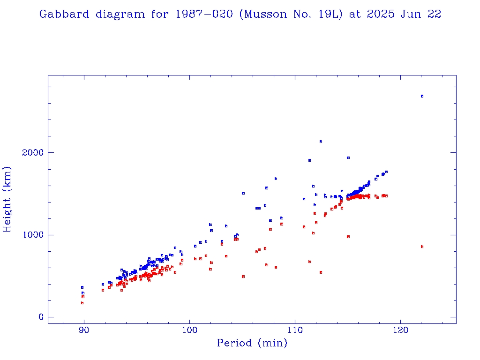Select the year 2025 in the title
coord(379,14)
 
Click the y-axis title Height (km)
coord(7,199)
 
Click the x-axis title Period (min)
coord(252,343)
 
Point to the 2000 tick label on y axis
coord(32,153)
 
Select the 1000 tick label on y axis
coord(32,235)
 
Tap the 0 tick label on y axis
coord(41,317)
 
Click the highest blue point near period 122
coord(422,96)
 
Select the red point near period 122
coord(422,247)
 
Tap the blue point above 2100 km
coord(321,142)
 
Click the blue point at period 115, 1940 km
coord(348,158)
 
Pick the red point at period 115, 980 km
coord(348,237)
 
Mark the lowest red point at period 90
coord(82,303)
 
